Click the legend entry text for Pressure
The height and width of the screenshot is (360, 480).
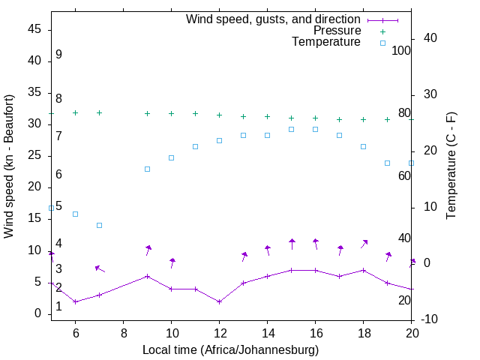tap(337, 31)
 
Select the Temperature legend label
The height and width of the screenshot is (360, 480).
tap(326, 42)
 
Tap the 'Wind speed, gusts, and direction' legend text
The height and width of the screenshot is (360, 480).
tap(274, 19)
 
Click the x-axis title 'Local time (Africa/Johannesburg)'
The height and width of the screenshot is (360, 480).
tap(231, 350)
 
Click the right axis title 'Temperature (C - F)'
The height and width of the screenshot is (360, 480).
tap(451, 166)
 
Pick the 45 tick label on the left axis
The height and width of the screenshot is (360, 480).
tap(34, 29)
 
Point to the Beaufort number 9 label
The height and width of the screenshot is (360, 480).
tap(58, 55)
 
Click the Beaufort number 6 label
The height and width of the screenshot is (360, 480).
tap(58, 174)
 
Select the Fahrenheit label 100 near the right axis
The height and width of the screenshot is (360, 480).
tap(402, 51)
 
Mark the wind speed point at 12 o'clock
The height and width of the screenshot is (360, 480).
tap(219, 301)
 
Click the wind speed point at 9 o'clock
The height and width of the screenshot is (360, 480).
tap(147, 276)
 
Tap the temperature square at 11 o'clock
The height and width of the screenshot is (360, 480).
tap(195, 146)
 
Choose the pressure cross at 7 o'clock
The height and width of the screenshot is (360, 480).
tap(99, 112)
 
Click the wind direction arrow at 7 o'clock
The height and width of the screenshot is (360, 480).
tap(99, 268)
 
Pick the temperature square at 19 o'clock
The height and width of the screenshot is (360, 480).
tap(387, 163)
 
